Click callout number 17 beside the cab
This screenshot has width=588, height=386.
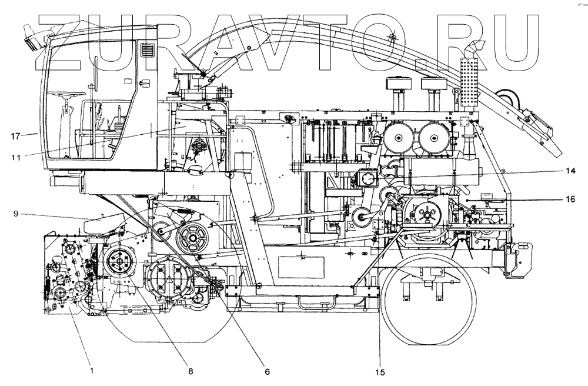(x=16, y=136)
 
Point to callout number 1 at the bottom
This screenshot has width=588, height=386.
(x=91, y=371)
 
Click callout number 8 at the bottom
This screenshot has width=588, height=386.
(x=190, y=371)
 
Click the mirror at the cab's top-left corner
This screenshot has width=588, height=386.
(x=33, y=36)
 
